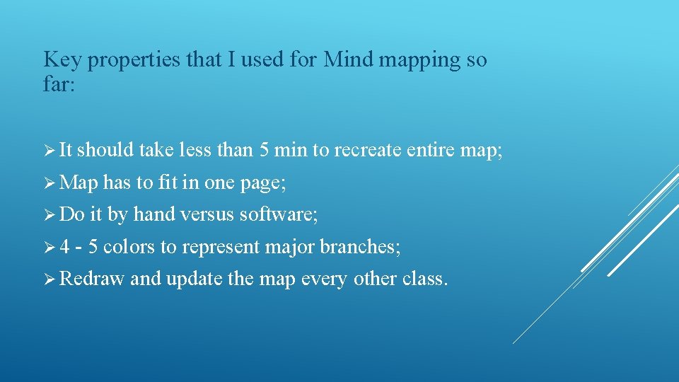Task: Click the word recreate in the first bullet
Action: click(x=368, y=150)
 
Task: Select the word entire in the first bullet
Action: click(x=431, y=150)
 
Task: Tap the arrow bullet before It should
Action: click(x=50, y=150)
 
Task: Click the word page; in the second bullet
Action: click(x=262, y=184)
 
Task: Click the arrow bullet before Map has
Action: click(x=50, y=183)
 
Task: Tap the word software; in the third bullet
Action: click(x=279, y=214)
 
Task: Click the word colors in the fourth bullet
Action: click(x=129, y=247)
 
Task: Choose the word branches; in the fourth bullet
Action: click(x=361, y=247)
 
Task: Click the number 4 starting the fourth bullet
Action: click(x=64, y=247)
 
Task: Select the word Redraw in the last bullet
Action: click(x=92, y=279)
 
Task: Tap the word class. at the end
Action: click(x=425, y=279)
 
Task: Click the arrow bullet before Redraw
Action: click(x=50, y=279)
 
